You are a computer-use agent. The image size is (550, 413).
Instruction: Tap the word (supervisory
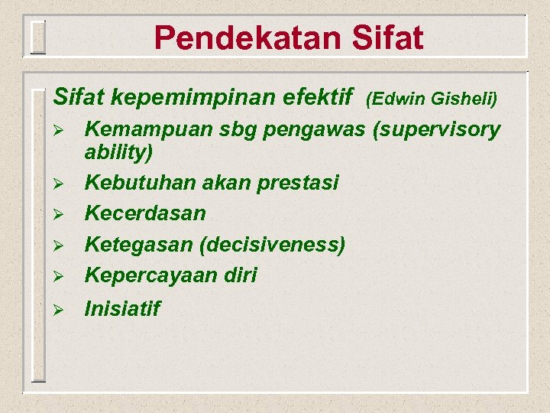[x=435, y=130]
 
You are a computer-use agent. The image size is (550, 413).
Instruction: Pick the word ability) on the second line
[x=118, y=152]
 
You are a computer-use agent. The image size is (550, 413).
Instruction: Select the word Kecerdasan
[x=145, y=213]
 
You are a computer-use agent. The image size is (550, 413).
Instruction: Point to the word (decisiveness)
[x=272, y=245]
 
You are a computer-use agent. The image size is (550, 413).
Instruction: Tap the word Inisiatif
[x=122, y=309]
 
